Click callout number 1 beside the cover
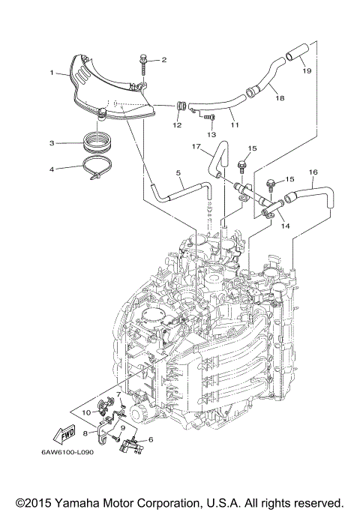point(52,73)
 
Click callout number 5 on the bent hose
point(179,173)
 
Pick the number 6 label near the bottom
point(151,440)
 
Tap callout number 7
point(118,394)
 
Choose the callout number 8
point(85,433)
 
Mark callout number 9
point(123,428)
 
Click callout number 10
point(85,412)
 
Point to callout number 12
point(177,125)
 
